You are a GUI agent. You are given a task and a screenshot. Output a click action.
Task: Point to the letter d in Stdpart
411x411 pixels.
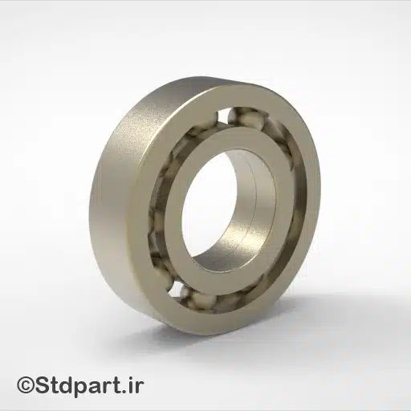click(68, 385)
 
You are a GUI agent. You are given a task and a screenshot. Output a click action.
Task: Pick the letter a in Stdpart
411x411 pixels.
click(97, 386)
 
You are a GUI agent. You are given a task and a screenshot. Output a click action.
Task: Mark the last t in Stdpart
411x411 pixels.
click(118, 385)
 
